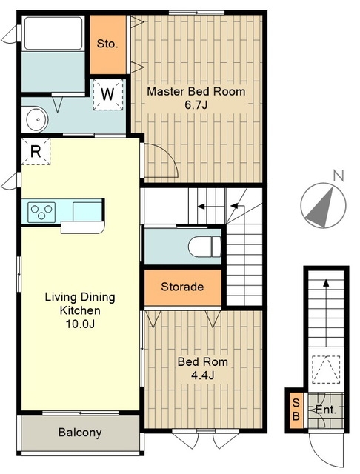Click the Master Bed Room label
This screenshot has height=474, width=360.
(x=196, y=91)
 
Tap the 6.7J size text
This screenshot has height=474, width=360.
(x=196, y=105)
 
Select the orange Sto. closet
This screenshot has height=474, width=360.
(x=108, y=44)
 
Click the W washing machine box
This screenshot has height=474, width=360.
(x=108, y=95)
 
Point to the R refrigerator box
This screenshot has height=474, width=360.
(x=36, y=151)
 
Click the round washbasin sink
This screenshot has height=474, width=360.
(x=37, y=119)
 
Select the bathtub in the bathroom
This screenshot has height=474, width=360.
(x=53, y=33)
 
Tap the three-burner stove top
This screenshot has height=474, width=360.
(x=41, y=212)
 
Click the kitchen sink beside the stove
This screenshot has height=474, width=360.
(x=87, y=212)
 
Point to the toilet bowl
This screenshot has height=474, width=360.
(x=204, y=247)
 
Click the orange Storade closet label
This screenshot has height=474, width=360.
(x=182, y=287)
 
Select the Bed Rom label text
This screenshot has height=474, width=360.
(x=203, y=362)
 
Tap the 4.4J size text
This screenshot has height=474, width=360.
(x=203, y=375)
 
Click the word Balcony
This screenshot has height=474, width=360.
(x=80, y=433)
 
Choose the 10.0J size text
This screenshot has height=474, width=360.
(x=80, y=324)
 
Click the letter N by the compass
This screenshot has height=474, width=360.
(x=339, y=176)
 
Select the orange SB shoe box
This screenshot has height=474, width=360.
(x=296, y=410)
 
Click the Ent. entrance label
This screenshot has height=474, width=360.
(x=325, y=410)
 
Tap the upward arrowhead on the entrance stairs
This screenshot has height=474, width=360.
(x=326, y=283)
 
